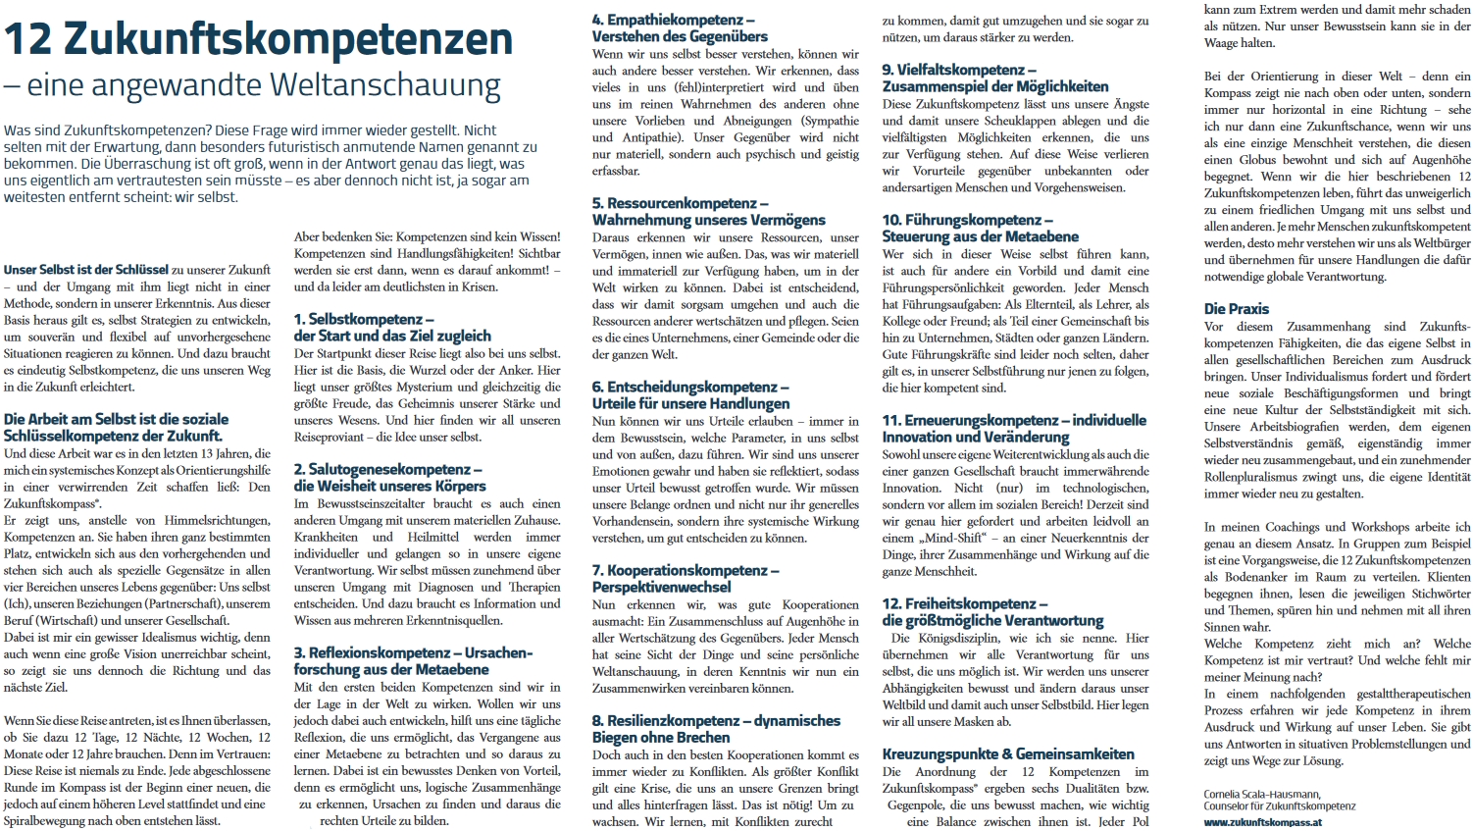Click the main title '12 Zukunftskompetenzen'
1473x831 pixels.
point(258,40)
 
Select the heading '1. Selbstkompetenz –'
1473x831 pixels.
point(364,319)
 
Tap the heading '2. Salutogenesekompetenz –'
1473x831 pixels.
point(388,469)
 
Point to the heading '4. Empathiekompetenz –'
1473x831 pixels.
point(673,20)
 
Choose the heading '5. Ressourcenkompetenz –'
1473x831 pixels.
point(680,203)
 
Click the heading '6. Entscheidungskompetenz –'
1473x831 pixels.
point(690,388)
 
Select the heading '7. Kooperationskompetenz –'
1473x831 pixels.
point(686,570)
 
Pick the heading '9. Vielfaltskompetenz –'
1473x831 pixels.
point(958,70)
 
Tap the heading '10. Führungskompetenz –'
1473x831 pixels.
point(967,220)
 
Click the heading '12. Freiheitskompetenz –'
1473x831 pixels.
point(964,603)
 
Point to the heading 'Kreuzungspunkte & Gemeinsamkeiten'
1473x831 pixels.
point(1008,754)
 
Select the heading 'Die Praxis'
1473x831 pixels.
point(1236,308)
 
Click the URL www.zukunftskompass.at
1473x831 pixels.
point(1262,822)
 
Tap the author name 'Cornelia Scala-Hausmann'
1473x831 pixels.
point(1261,795)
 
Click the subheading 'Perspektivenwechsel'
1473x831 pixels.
point(661,587)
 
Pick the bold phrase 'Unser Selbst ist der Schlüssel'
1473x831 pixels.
point(86,270)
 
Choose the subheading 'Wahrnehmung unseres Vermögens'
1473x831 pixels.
point(708,220)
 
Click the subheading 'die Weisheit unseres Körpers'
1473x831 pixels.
point(389,486)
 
